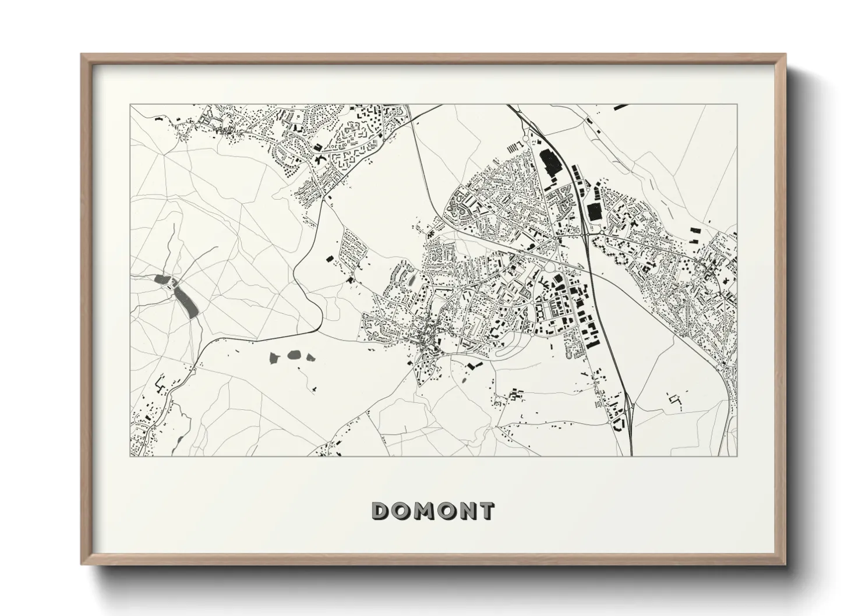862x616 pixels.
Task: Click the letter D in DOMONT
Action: point(382,511)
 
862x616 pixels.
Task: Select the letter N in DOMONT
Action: point(465,511)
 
